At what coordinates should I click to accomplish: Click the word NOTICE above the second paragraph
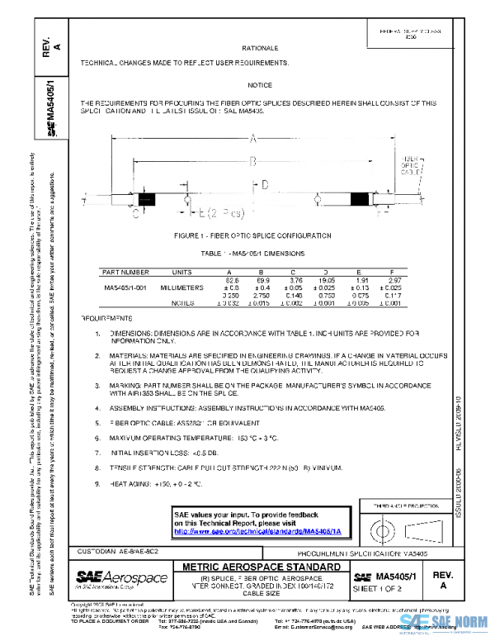tap(260, 86)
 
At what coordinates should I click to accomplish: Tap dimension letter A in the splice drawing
tap(253, 139)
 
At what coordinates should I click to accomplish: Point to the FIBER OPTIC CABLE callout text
tap(413, 164)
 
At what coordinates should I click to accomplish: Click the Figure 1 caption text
tap(253, 236)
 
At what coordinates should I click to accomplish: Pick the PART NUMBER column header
tap(125, 271)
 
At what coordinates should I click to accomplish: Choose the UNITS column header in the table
tap(182, 271)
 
